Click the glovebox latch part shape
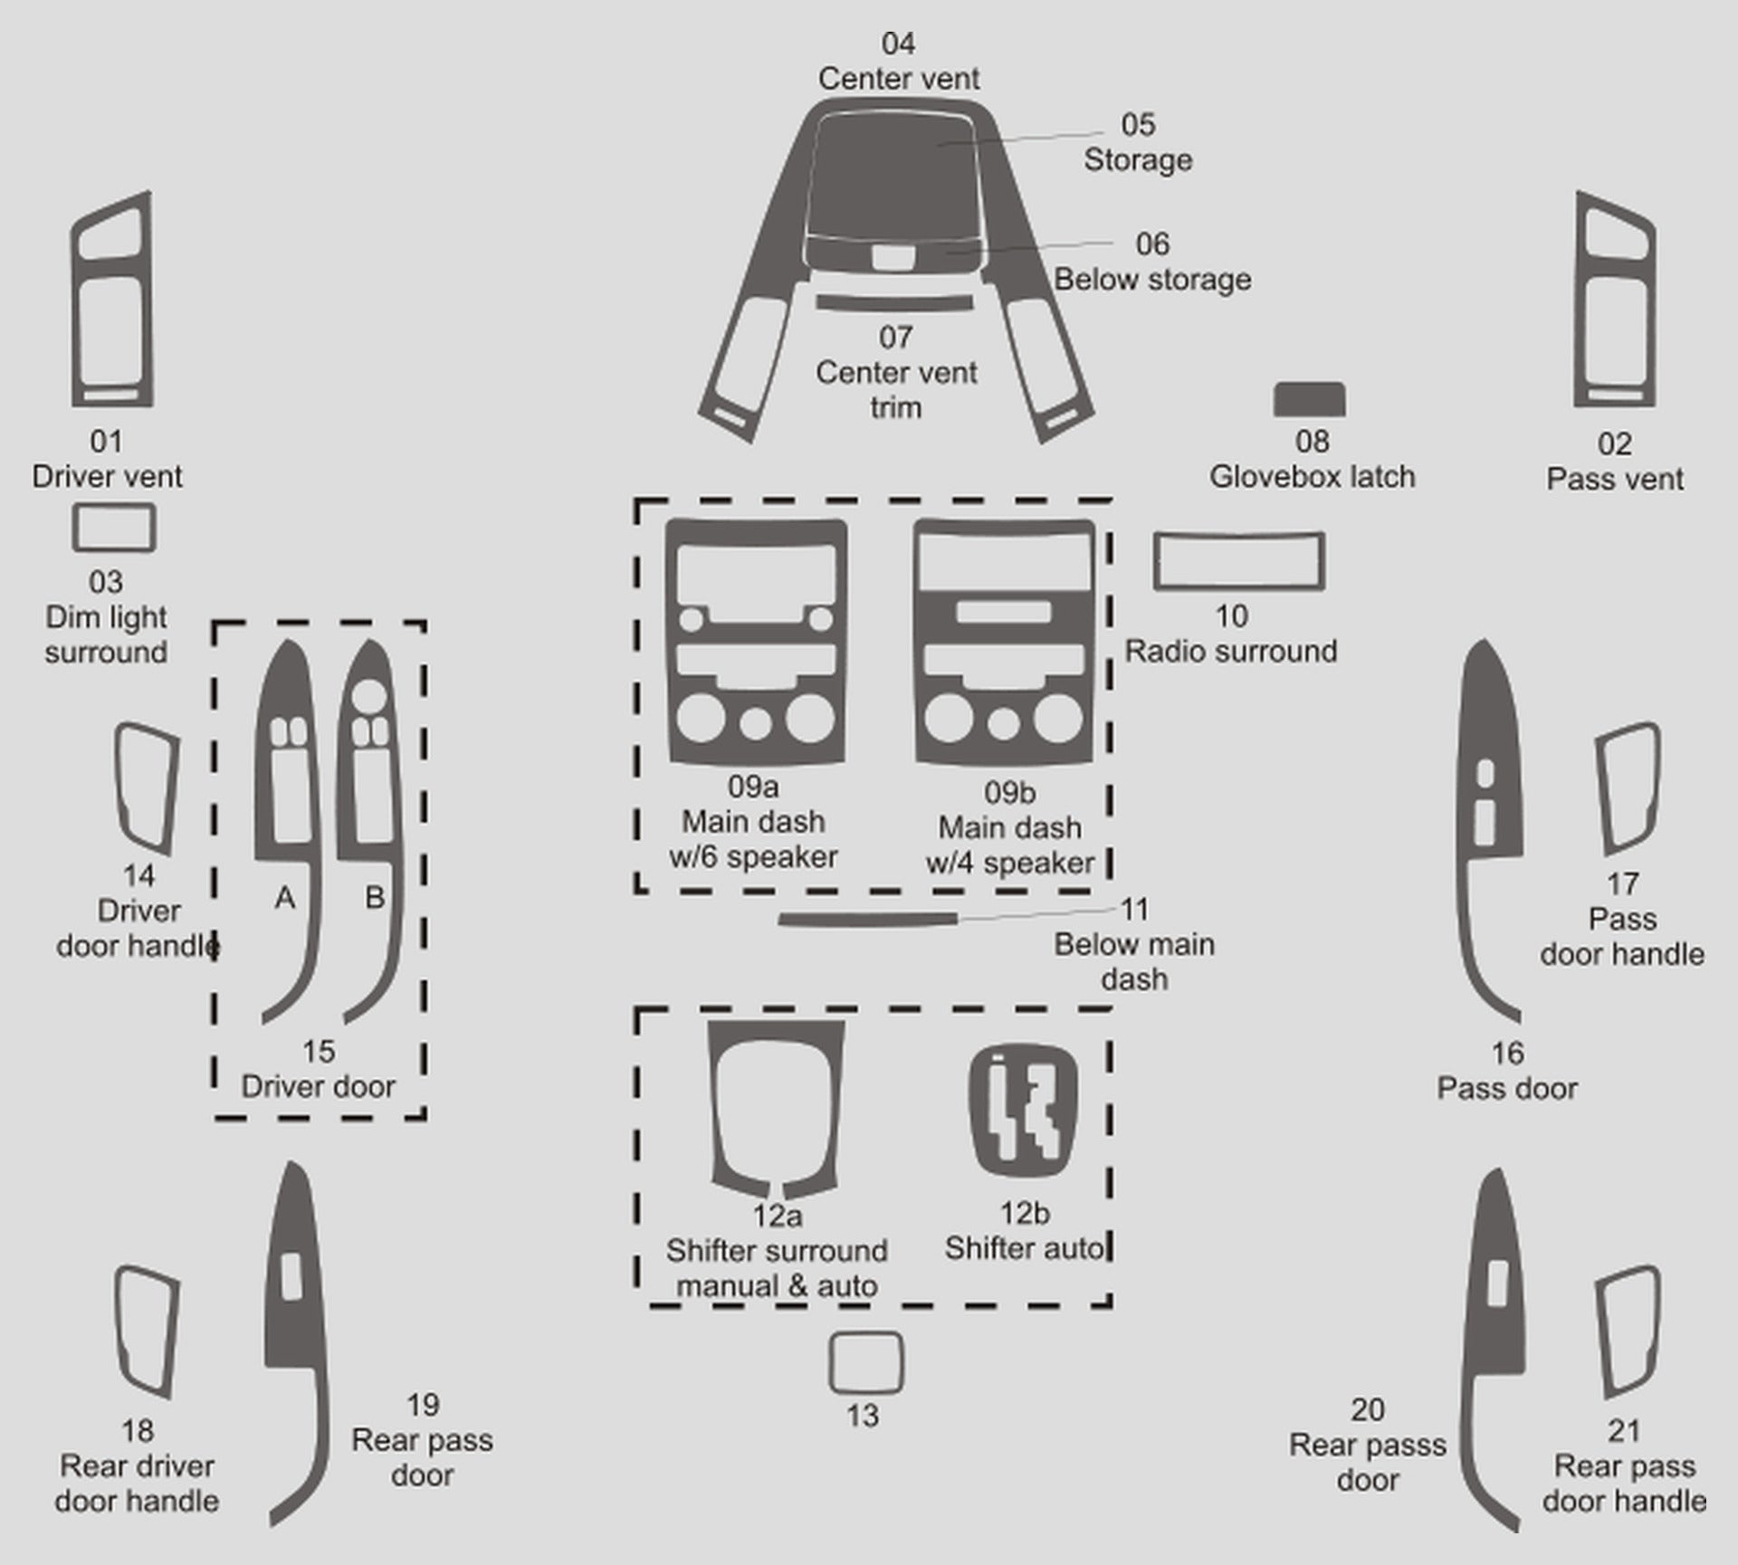(x=1309, y=399)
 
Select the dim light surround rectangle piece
(x=114, y=507)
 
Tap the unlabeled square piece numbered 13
(x=866, y=1334)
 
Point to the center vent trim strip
(x=894, y=303)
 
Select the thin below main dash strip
(x=867, y=920)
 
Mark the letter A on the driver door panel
(x=285, y=897)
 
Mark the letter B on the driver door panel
(x=375, y=897)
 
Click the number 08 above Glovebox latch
(x=1313, y=442)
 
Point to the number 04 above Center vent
(x=898, y=43)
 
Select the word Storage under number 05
(x=1138, y=160)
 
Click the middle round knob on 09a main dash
(x=755, y=723)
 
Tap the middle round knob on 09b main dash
(x=1003, y=723)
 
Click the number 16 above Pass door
(x=1507, y=1053)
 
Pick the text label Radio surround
(x=1231, y=651)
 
